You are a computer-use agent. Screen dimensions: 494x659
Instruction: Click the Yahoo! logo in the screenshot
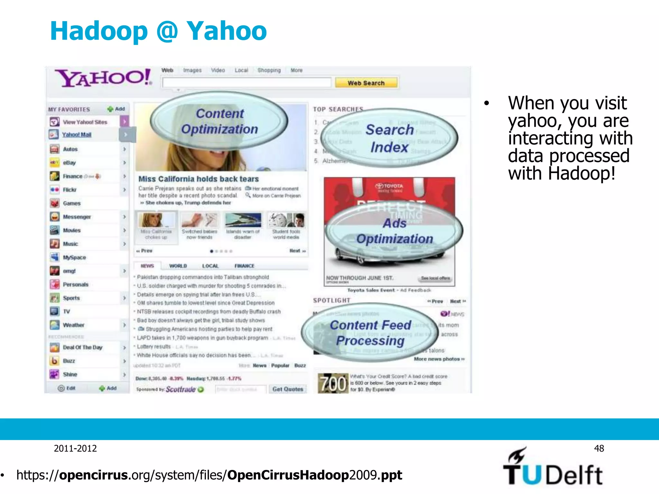(x=103, y=78)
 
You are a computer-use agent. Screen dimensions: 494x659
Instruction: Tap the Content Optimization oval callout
(x=219, y=122)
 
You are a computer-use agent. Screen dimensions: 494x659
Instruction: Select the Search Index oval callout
(x=390, y=138)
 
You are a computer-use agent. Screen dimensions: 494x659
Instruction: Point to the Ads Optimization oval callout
(x=394, y=231)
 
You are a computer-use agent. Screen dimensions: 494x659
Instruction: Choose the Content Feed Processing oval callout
(x=370, y=333)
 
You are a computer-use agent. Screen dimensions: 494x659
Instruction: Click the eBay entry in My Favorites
(x=70, y=163)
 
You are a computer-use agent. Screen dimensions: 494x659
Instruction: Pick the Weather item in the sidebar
(x=73, y=325)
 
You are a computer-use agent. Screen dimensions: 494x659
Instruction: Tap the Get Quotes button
(x=288, y=389)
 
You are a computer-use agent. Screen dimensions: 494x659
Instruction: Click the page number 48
(x=599, y=448)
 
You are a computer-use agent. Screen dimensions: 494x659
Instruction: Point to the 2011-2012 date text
(x=75, y=448)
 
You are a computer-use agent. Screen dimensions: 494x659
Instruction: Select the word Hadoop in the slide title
(x=99, y=31)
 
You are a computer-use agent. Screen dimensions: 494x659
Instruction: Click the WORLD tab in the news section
(x=178, y=266)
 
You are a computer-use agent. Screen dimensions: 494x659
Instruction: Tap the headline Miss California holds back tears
(x=199, y=179)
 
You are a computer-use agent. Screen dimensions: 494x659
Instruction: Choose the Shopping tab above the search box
(x=269, y=70)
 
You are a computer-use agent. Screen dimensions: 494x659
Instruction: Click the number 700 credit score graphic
(x=333, y=383)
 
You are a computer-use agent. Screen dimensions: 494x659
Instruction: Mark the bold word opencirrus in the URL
(x=93, y=475)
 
